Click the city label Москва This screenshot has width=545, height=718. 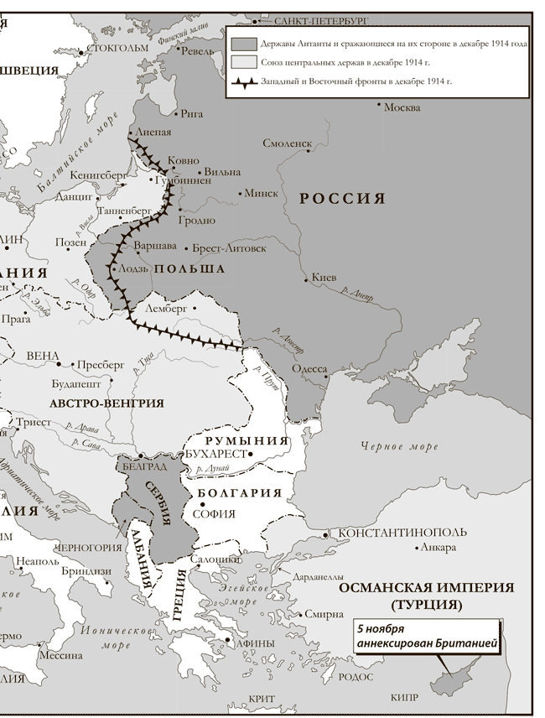click(x=401, y=107)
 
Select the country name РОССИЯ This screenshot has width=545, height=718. click(x=342, y=199)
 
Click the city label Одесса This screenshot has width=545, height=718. click(x=309, y=368)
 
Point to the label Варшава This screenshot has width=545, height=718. click(x=155, y=247)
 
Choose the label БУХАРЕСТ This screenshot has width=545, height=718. click(x=215, y=454)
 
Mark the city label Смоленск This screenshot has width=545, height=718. click(x=287, y=143)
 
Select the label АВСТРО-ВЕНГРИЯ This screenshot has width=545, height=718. click(x=106, y=403)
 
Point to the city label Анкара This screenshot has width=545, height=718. click(x=439, y=548)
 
